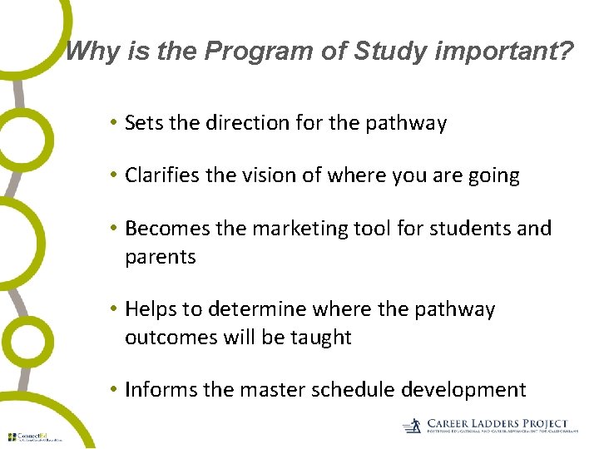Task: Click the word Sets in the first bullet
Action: (x=142, y=123)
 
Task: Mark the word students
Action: (x=465, y=229)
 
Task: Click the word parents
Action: (x=161, y=258)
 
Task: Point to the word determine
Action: (x=259, y=309)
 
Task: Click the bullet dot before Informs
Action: (x=113, y=389)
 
